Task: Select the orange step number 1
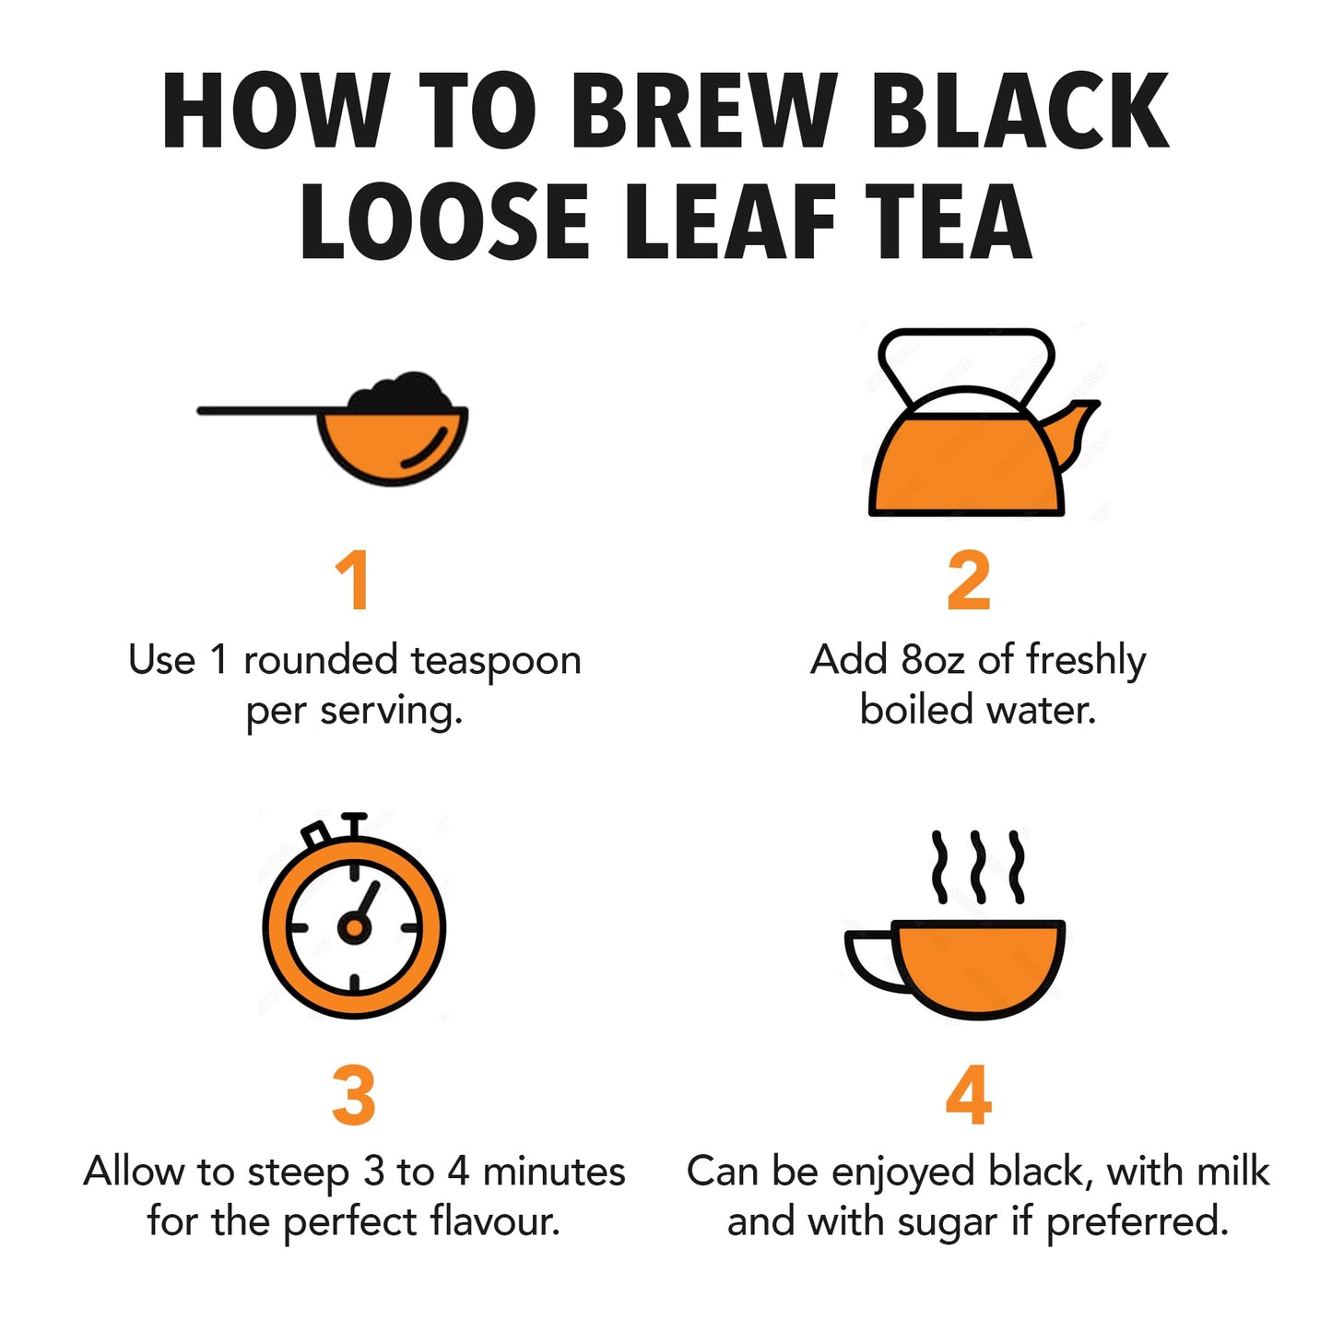pos(353,581)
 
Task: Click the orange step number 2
pos(968,581)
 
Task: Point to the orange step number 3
pos(353,1095)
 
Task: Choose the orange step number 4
pos(968,1095)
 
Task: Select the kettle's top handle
pos(966,346)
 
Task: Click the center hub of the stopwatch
pos(353,927)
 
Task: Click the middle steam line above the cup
pos(977,866)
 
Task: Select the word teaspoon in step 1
pos(495,662)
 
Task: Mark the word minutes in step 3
pos(554,1173)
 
